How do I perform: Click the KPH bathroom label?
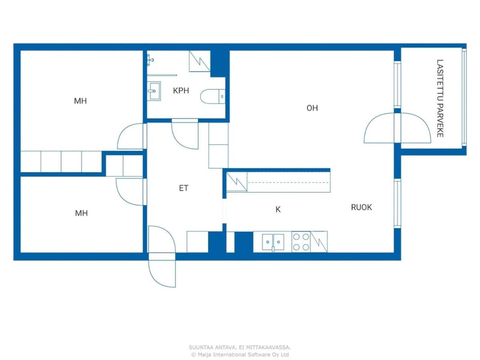(181, 90)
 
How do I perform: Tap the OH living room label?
(312, 108)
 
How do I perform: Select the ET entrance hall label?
(184, 188)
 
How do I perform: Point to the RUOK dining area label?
(361, 207)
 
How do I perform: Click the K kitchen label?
(278, 209)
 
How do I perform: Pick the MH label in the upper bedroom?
(80, 101)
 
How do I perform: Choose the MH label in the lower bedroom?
(81, 213)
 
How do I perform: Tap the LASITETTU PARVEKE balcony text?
(440, 98)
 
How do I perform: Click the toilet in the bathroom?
(213, 96)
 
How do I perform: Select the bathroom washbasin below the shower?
(154, 91)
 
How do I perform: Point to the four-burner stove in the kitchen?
(301, 242)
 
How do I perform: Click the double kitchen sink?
(273, 242)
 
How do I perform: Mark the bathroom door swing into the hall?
(185, 134)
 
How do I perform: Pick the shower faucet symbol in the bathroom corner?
(150, 60)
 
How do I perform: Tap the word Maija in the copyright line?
(205, 354)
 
